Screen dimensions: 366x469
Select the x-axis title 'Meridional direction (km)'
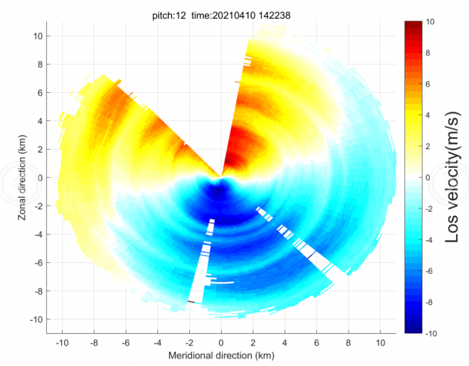pyautogui.click(x=221, y=355)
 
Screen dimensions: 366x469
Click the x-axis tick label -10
pyautogui.click(x=62, y=342)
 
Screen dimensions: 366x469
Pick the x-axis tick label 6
pyautogui.click(x=316, y=342)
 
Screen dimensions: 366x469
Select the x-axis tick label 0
pyautogui.click(x=221, y=342)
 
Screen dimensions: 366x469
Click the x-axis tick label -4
pyautogui.click(x=156, y=342)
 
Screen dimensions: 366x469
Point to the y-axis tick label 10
pyautogui.click(x=37, y=36)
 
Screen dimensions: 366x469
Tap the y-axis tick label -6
pyautogui.click(x=35, y=262)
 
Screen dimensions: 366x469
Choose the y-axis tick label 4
pyautogui.click(x=38, y=121)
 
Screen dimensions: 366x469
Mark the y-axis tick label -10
pyautogui.click(x=34, y=319)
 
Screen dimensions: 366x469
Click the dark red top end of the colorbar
pyautogui.click(x=413, y=23)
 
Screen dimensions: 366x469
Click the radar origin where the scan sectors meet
pyautogui.click(x=221, y=177)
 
